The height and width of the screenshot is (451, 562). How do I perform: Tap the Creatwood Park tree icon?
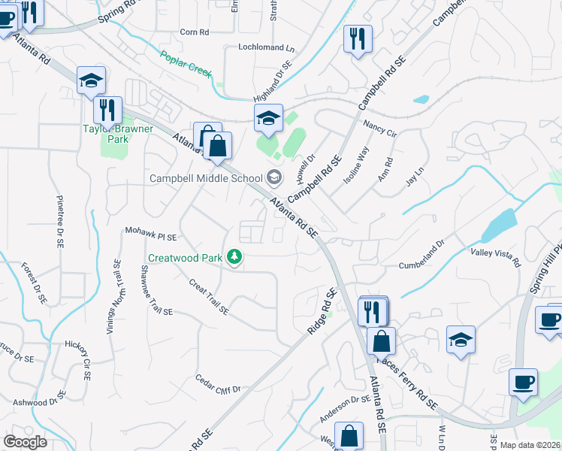(x=235, y=258)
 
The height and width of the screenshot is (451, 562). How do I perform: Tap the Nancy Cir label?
(x=379, y=128)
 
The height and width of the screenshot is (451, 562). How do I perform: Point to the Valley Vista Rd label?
(x=495, y=257)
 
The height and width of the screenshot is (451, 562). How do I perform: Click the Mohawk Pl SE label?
(x=150, y=232)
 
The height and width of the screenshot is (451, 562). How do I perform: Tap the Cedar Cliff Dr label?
(x=217, y=383)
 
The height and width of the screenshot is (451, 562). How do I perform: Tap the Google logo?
(x=25, y=442)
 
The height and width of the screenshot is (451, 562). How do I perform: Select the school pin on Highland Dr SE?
(x=268, y=117)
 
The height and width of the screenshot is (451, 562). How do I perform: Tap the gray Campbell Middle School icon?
(x=274, y=177)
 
